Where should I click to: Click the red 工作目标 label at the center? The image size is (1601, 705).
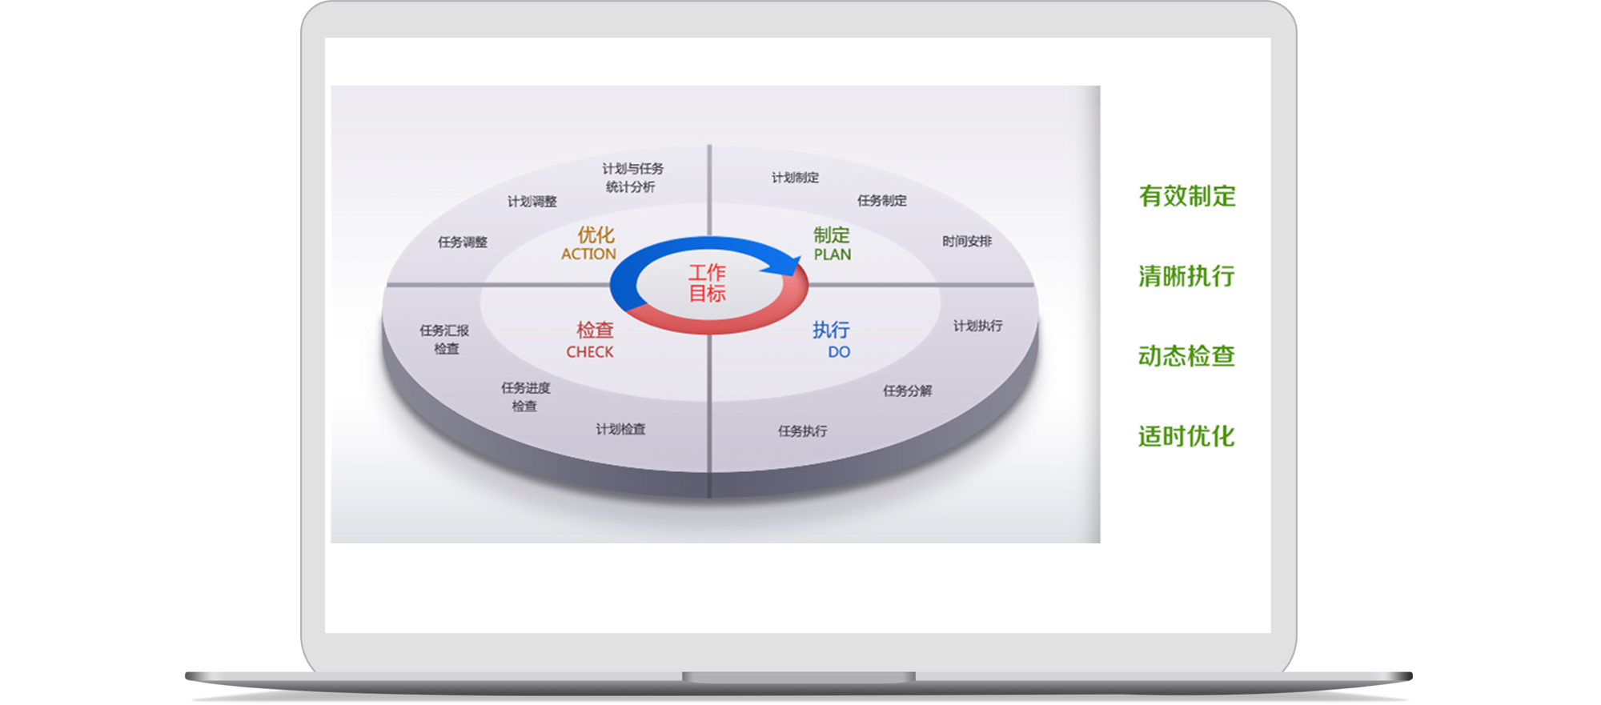pyautogui.click(x=708, y=283)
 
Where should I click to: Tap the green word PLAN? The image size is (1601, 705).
pyautogui.click(x=833, y=254)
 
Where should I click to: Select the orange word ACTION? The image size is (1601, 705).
pyautogui.click(x=588, y=254)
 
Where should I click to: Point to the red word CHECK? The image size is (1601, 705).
pyautogui.click(x=590, y=352)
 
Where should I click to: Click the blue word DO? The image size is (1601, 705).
pyautogui.click(x=839, y=352)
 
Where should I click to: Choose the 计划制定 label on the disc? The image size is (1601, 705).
pyautogui.click(x=795, y=178)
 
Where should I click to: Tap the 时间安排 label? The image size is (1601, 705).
pyautogui.click(x=967, y=241)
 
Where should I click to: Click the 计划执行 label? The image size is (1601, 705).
pyautogui.click(x=977, y=326)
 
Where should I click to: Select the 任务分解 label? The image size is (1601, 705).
pyautogui.click(x=907, y=391)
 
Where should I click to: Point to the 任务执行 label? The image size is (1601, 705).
pyautogui.click(x=803, y=431)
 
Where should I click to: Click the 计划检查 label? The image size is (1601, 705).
pyautogui.click(x=620, y=430)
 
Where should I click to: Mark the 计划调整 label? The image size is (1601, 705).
pyautogui.click(x=532, y=202)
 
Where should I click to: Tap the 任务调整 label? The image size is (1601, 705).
pyautogui.click(x=463, y=242)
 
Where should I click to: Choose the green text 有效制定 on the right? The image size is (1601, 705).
pyautogui.click(x=1187, y=196)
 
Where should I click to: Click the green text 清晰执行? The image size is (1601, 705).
pyautogui.click(x=1186, y=276)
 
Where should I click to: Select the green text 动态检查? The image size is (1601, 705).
pyautogui.click(x=1186, y=356)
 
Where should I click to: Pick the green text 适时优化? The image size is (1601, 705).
pyautogui.click(x=1186, y=436)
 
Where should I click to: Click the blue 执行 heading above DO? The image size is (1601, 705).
pyautogui.click(x=831, y=330)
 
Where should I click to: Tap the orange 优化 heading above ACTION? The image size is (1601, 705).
pyautogui.click(x=596, y=234)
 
